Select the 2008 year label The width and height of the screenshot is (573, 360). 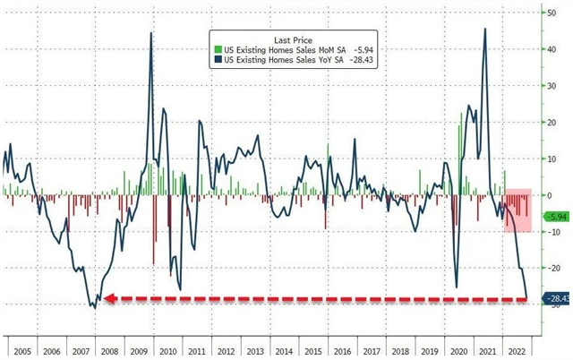(107, 353)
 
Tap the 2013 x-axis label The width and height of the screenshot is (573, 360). (254, 353)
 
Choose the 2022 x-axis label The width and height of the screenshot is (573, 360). (516, 353)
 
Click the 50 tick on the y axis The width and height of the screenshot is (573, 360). (552, 12)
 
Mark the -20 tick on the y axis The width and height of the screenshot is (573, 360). (552, 269)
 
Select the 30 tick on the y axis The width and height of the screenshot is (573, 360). (552, 85)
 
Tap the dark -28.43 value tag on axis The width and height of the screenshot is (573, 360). (556, 299)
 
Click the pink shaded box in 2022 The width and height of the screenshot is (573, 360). (518, 210)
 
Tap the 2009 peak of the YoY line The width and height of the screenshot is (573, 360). (150, 34)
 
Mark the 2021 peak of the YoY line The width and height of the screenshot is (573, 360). (485, 29)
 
